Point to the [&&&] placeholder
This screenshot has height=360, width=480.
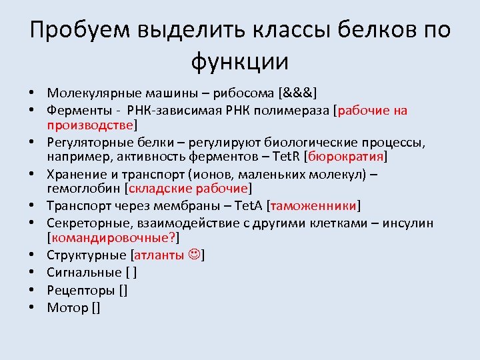298,93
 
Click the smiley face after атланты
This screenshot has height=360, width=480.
194,255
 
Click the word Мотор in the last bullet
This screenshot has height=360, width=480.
67,307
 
